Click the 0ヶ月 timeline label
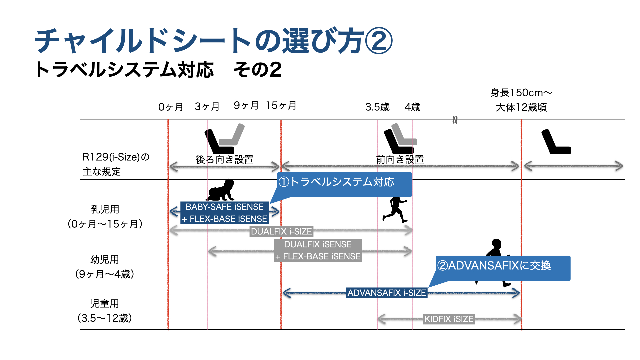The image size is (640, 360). tap(171, 107)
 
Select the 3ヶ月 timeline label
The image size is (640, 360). tap(207, 107)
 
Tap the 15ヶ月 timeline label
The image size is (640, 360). tap(281, 106)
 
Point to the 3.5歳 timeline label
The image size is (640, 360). tap(377, 107)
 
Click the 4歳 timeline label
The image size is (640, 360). tap(412, 107)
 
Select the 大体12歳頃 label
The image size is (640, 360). tap(521, 107)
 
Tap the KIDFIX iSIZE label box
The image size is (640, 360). tap(449, 319)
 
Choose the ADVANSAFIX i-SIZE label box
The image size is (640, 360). tap(387, 293)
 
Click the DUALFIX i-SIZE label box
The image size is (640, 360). tap(281, 231)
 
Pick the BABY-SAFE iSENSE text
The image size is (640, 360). tap(224, 207)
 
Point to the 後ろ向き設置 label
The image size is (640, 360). tap(224, 159)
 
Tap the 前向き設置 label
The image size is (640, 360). tap(400, 159)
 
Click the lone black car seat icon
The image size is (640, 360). tap(556, 142)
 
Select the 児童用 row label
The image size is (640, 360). tap(105, 303)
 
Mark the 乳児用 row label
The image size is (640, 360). tap(105, 209)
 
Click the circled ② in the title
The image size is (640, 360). tap(379, 41)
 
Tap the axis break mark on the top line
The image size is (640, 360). tap(455, 120)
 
